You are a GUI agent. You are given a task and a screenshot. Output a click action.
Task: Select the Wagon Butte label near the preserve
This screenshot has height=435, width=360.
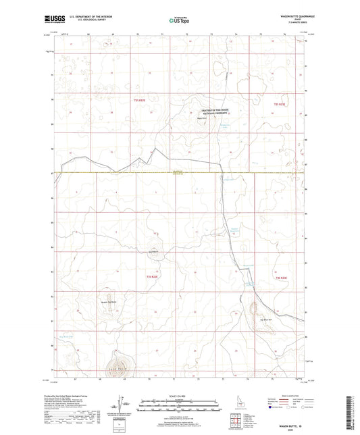pos(211,121)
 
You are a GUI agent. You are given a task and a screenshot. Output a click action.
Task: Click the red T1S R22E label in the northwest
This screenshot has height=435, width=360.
pos(139,100)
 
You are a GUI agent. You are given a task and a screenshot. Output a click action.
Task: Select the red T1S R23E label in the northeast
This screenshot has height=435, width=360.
pos(280,105)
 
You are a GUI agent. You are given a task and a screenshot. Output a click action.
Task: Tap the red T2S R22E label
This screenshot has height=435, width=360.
pos(153,276)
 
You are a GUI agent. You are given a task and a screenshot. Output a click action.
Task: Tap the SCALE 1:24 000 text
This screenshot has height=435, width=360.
pos(179,396)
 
